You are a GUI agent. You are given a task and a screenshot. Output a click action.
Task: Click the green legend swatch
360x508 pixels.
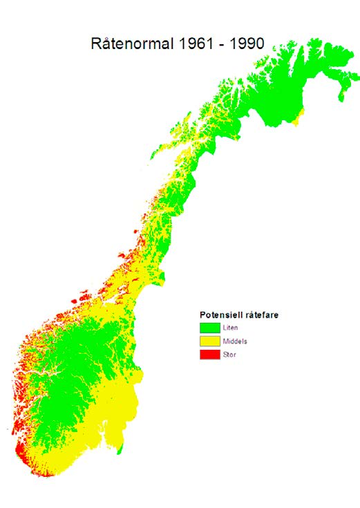[x=209, y=328]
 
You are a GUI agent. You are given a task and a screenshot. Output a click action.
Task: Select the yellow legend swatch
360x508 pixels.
[x=209, y=341]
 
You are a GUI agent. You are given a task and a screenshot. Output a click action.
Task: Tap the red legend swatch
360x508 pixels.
[x=209, y=355]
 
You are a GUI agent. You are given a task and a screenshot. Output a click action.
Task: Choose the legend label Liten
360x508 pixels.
[x=230, y=328]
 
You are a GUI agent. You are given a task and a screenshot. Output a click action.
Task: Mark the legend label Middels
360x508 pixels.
[x=234, y=341]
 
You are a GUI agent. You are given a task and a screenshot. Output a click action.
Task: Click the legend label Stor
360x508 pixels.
[x=229, y=355]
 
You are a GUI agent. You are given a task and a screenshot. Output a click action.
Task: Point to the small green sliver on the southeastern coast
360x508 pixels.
[x=120, y=450]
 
